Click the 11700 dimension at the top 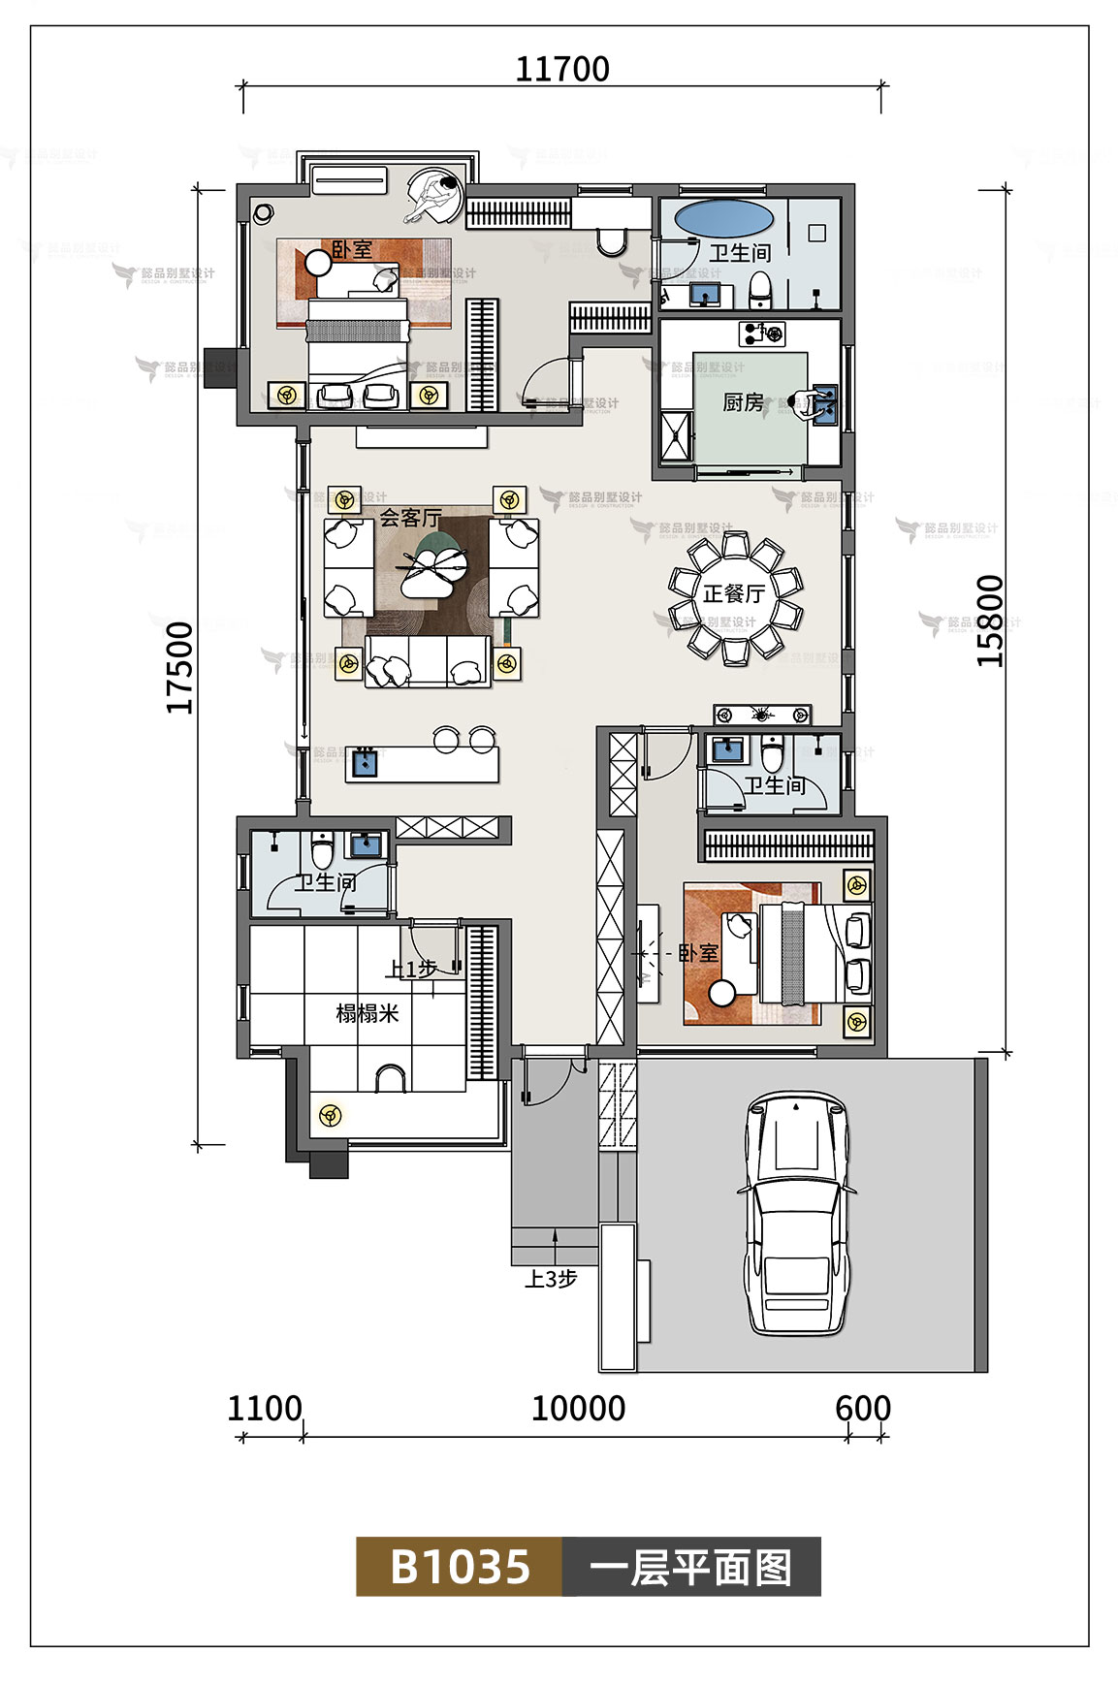point(561,70)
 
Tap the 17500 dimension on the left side point(180,668)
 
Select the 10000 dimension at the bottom point(578,1408)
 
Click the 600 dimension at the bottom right point(862,1408)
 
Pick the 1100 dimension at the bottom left point(264,1408)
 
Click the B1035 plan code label point(460,1567)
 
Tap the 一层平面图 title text point(690,1567)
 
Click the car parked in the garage point(796,1212)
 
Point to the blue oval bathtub point(723,218)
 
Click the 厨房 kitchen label point(743,402)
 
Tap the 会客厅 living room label point(409,519)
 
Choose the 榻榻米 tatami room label point(367,1014)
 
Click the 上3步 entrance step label point(551,1279)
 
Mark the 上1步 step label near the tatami point(411,969)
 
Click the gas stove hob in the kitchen point(762,334)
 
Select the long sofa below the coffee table point(428,661)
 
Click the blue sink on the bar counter point(365,762)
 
